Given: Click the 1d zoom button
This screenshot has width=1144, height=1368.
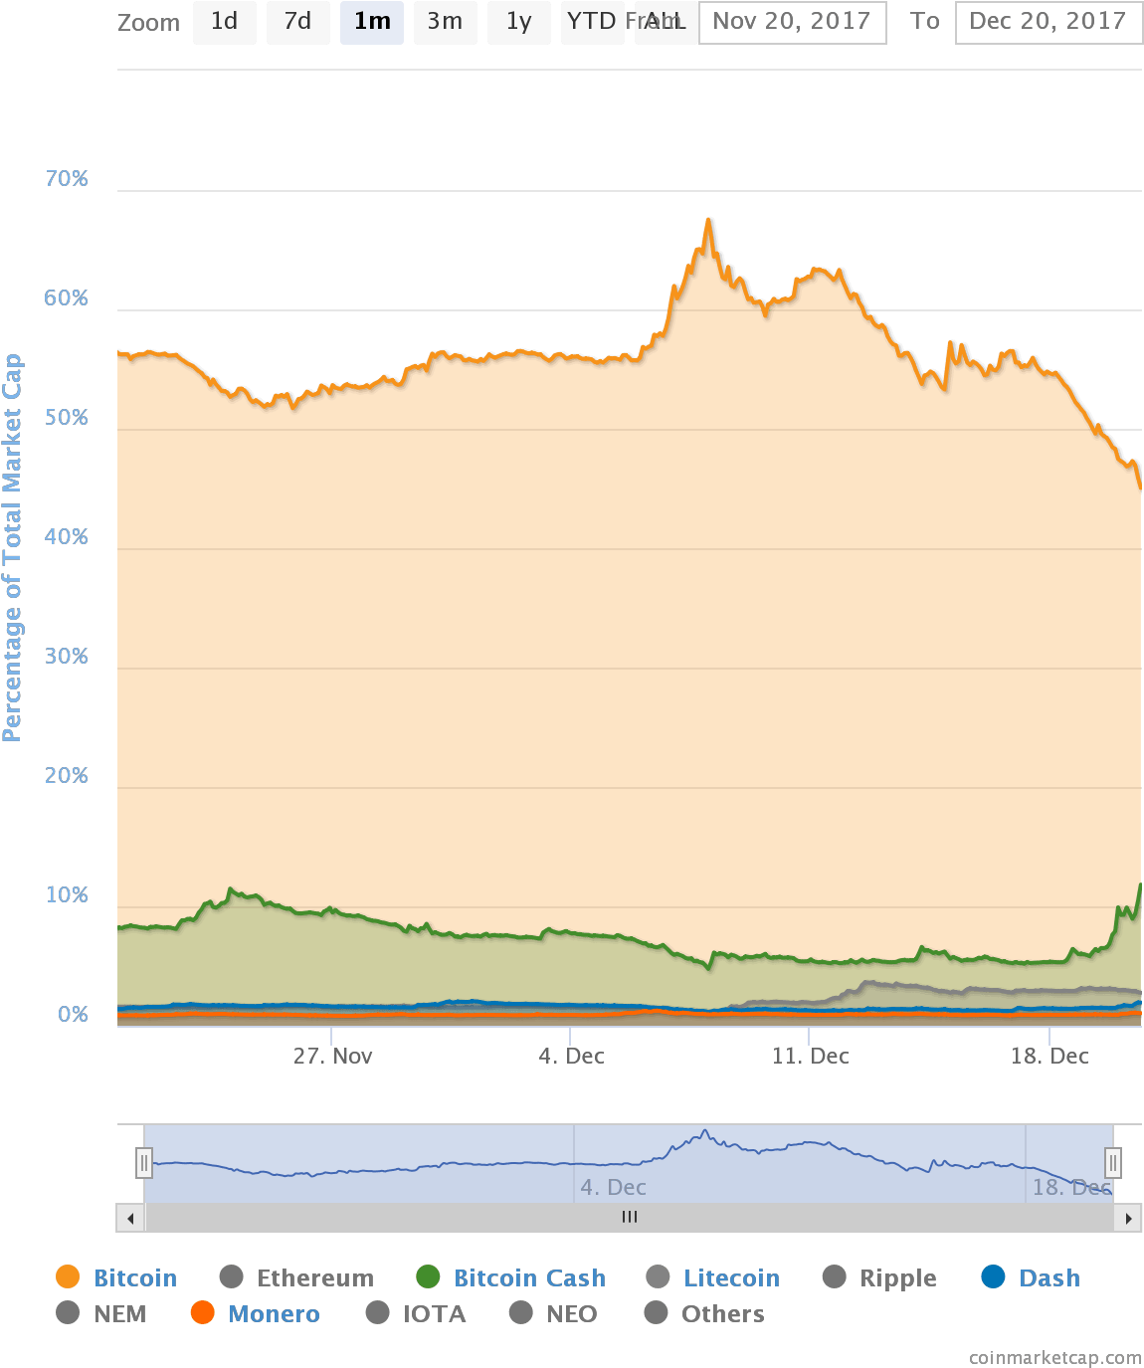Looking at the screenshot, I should click(224, 22).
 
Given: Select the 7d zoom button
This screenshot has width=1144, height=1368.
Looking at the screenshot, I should click(297, 22).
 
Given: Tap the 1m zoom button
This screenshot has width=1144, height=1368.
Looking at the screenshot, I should click(372, 22).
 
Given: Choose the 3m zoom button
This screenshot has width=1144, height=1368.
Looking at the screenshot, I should click(445, 22).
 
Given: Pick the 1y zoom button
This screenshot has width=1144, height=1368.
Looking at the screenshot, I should click(518, 22).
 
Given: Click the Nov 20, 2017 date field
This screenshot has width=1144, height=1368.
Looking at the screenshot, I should click(792, 22).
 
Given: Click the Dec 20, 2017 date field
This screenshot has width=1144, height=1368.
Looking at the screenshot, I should click(1048, 22).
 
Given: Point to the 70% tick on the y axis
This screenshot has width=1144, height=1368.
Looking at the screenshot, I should click(67, 179).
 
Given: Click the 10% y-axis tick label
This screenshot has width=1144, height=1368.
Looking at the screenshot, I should click(67, 895).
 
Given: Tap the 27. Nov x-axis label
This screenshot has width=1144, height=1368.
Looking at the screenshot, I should click(332, 1057).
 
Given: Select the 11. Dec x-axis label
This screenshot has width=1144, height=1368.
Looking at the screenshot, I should click(810, 1057).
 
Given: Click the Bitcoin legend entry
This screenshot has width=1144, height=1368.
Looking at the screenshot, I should click(134, 1278).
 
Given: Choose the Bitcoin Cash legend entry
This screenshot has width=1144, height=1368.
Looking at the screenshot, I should click(528, 1278).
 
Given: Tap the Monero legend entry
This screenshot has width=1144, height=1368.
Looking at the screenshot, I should click(273, 1314).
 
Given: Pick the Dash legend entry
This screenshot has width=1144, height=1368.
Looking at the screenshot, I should click(1049, 1278).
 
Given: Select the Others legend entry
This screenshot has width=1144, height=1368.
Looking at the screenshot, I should click(722, 1314).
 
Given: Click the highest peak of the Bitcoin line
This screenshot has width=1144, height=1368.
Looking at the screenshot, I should click(708, 220).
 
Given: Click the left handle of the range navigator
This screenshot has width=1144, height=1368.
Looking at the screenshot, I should click(144, 1162).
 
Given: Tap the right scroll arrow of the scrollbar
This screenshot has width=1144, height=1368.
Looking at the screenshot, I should click(1128, 1218).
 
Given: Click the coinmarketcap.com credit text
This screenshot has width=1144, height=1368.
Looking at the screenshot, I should click(1054, 1358).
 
